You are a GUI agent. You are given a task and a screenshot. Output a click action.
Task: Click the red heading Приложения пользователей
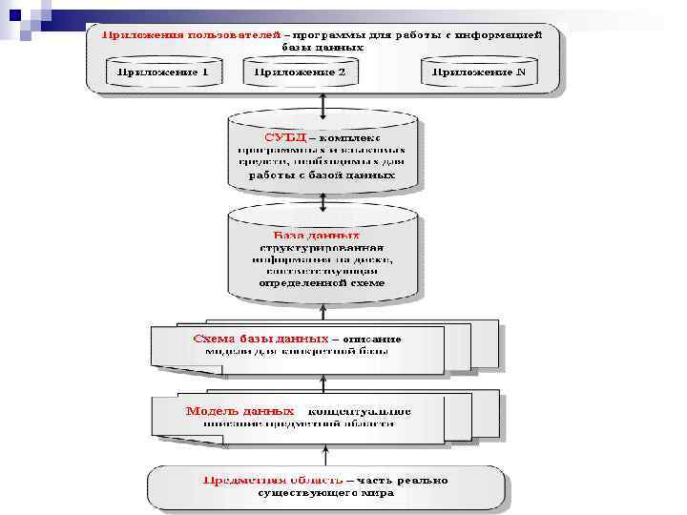(x=191, y=34)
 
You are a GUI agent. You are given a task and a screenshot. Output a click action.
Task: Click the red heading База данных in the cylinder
(x=316, y=235)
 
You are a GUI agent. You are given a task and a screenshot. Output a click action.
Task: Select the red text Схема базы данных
(x=260, y=339)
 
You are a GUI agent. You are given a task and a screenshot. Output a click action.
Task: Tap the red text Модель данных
(x=226, y=411)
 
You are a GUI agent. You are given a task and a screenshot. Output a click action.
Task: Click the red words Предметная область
(x=272, y=480)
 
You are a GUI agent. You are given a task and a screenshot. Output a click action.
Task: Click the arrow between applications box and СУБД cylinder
(x=323, y=101)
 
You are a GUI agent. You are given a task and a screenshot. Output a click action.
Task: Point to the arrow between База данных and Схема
(x=323, y=307)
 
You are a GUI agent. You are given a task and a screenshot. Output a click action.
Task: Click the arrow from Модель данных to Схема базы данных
(x=323, y=381)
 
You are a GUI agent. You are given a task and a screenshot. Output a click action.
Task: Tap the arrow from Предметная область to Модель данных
(x=323, y=452)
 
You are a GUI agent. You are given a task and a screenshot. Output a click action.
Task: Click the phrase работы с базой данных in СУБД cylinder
(x=323, y=175)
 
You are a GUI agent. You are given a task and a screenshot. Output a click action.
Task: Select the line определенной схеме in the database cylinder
(x=323, y=282)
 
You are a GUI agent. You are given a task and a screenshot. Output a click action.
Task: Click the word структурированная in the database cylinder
(x=323, y=247)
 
